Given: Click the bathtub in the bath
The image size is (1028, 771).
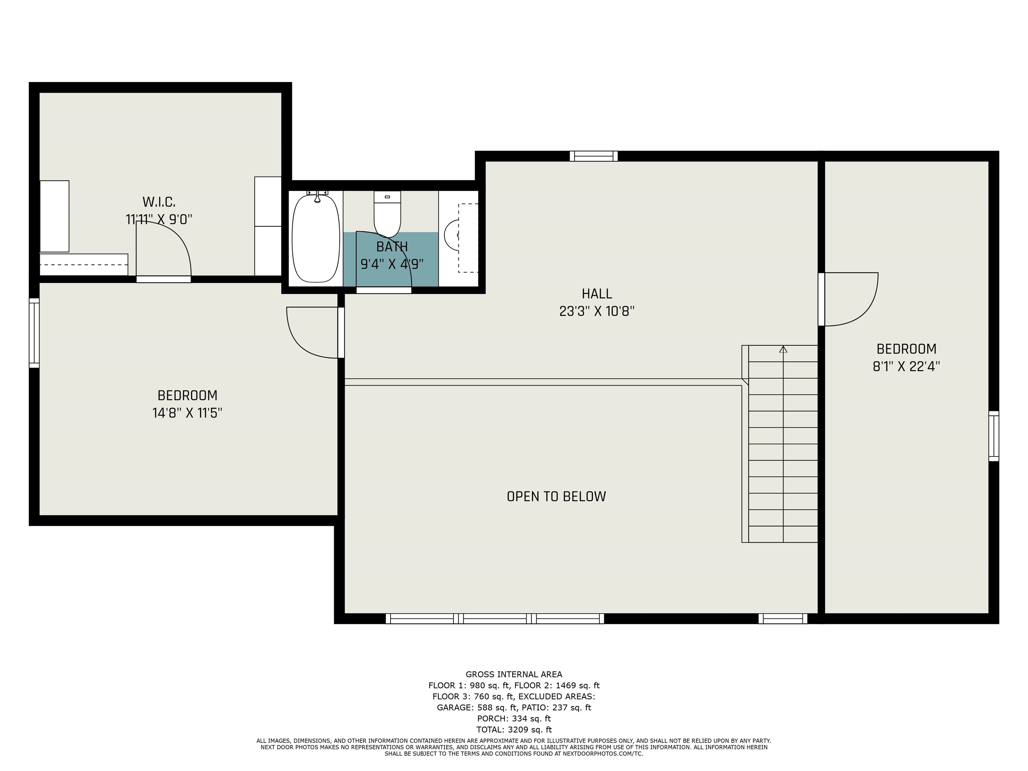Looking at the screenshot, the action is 316,238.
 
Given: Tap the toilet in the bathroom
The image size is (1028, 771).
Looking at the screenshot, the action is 387,214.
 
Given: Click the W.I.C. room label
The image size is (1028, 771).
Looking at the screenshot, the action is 159,202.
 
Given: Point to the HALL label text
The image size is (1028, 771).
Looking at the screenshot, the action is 597,294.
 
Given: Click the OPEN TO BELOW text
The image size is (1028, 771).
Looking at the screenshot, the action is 556,496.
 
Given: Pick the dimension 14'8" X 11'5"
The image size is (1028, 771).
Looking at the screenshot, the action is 187,413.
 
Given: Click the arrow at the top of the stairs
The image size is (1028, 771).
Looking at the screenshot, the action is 783,349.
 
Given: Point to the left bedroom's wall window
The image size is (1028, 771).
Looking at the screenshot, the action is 34,333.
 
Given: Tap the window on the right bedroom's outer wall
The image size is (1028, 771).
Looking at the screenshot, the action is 994,436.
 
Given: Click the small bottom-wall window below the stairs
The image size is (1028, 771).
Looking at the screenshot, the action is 783,618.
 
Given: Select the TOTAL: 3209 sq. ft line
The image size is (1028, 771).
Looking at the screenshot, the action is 514,730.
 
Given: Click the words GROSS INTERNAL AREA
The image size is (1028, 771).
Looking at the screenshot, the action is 514,674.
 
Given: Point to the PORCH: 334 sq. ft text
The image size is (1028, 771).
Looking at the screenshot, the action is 514,718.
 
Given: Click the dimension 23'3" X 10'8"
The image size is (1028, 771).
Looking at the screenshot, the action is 597,311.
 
